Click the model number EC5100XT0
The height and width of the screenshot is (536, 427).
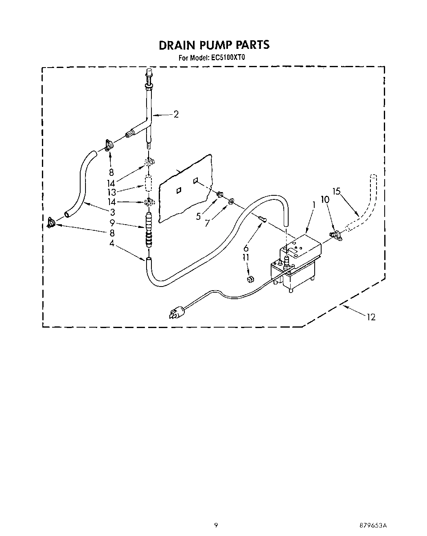pos(228,58)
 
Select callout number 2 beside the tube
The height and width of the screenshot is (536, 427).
pos(176,114)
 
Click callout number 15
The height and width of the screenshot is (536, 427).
pos(336,191)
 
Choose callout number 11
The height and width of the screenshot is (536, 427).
pos(246,257)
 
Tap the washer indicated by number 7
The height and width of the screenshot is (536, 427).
pos(231,201)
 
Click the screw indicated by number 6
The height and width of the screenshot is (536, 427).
pos(262,220)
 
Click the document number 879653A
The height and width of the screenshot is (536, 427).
pos(372,525)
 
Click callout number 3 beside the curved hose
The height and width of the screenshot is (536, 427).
pos(112,212)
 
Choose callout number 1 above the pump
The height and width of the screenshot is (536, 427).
pos(314,206)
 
